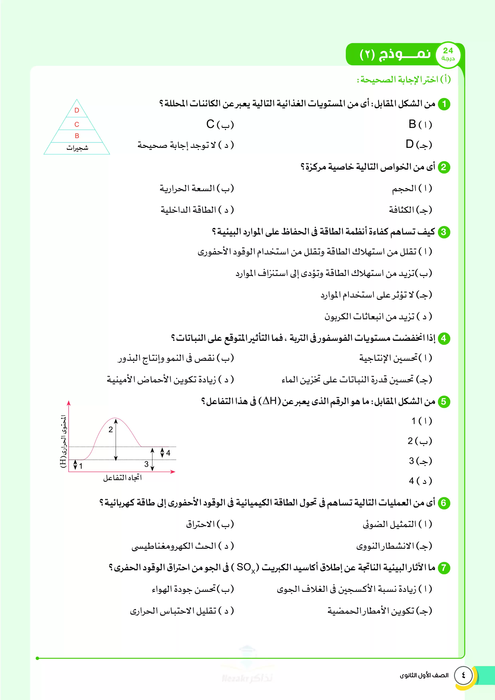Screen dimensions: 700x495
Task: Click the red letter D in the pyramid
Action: pos(77,110)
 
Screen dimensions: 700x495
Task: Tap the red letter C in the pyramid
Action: pos(77,124)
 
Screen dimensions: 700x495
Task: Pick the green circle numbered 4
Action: pos(444,338)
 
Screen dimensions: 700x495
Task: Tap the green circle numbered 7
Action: pos(444,568)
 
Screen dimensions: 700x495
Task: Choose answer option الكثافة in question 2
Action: pos(401,210)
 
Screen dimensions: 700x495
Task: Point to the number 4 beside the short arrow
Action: pos(168,453)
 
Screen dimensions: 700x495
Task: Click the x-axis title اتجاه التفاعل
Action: pos(122,478)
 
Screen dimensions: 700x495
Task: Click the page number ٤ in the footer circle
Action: pos(463,675)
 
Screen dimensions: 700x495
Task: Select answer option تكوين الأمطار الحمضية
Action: pos(371,611)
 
